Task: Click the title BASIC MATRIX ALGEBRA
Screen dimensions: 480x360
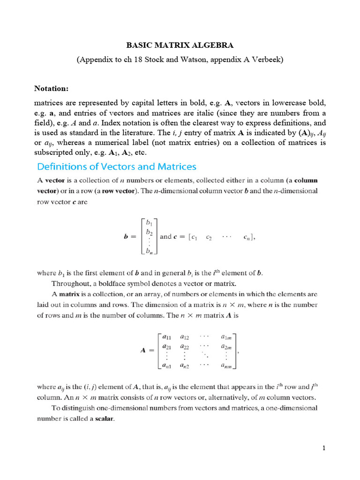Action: (x=180, y=45)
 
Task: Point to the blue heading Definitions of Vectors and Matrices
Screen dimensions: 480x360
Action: (x=117, y=167)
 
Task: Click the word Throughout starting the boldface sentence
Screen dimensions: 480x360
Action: (x=72, y=284)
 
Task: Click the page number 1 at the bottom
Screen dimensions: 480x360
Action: (x=324, y=449)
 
